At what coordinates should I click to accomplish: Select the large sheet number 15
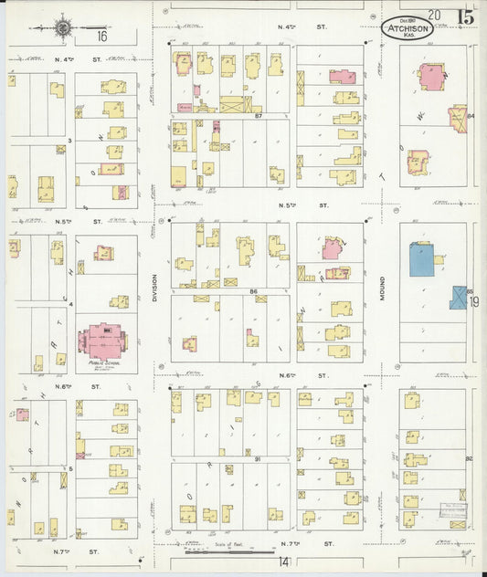click(x=466, y=16)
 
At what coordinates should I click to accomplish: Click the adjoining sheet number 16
click(x=101, y=37)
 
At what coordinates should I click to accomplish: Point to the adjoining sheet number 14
click(x=285, y=562)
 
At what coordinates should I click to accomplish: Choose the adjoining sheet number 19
click(x=474, y=302)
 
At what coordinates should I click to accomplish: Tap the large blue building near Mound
click(x=421, y=259)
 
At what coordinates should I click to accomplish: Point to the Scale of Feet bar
click(x=229, y=551)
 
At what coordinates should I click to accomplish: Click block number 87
click(x=259, y=116)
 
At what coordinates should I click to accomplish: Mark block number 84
click(x=471, y=116)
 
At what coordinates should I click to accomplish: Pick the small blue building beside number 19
click(x=458, y=298)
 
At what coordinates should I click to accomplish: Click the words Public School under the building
click(x=105, y=363)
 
